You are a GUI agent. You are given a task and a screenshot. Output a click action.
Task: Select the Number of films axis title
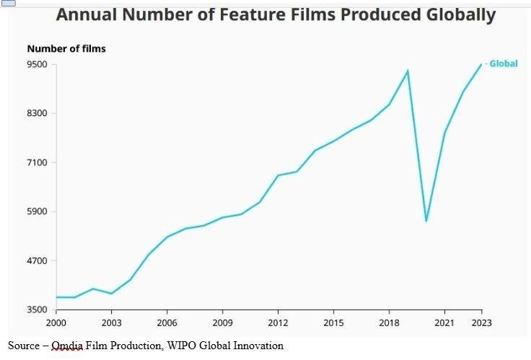[x=66, y=48]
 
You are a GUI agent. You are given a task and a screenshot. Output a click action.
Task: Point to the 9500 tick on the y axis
[x=37, y=64]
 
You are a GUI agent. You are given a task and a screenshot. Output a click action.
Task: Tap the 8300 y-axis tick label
[x=37, y=113]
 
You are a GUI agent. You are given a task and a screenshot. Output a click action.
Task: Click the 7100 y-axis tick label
[x=37, y=162]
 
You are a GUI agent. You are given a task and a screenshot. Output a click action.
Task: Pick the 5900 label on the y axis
[x=37, y=211]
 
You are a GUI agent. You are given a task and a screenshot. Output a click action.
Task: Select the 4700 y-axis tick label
[x=37, y=260]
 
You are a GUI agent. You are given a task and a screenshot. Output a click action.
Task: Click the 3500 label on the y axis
[x=37, y=309]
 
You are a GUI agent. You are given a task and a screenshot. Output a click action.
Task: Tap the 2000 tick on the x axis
[x=56, y=322]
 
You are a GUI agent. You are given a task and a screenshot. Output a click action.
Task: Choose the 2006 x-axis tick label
[x=167, y=322]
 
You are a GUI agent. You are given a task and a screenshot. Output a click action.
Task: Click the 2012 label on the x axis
[x=278, y=322]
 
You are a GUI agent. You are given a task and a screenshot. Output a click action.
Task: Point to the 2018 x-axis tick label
[x=389, y=322]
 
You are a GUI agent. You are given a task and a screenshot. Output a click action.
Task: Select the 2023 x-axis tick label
[x=481, y=322]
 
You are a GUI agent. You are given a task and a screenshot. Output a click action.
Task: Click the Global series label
[x=503, y=63]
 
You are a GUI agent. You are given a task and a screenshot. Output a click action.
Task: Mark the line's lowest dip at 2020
[x=426, y=221]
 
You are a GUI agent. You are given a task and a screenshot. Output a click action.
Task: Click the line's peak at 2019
[x=408, y=71]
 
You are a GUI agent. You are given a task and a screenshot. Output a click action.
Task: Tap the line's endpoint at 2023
[x=481, y=64]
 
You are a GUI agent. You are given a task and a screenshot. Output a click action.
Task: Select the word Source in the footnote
[x=23, y=346]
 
